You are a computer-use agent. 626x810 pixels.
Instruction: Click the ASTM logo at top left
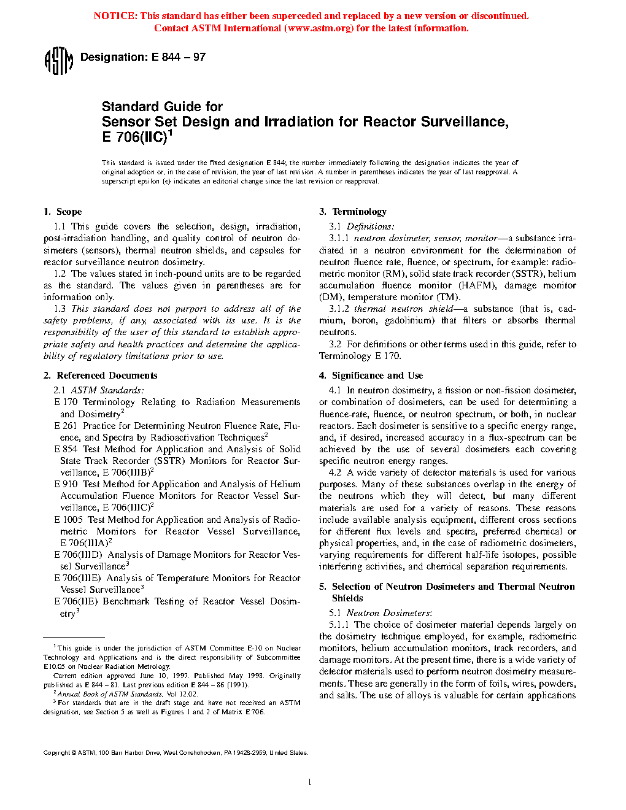pos(59,61)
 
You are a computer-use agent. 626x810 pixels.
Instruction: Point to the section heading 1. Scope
pos(63,212)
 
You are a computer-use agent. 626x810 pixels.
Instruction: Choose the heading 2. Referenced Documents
pos(101,376)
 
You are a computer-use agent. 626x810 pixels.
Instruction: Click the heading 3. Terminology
pos(353,212)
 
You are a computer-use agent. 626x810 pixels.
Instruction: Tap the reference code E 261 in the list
pos(66,426)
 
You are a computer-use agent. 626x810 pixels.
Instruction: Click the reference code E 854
pos(66,449)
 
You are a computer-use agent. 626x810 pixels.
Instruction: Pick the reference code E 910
pos(66,484)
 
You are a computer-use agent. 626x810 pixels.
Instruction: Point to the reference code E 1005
pos(68,520)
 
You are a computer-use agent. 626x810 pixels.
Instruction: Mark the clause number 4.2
pos(335,472)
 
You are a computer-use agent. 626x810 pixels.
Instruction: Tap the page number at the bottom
pos(310,782)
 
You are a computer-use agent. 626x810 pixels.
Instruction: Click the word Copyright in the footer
pos(56,753)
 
